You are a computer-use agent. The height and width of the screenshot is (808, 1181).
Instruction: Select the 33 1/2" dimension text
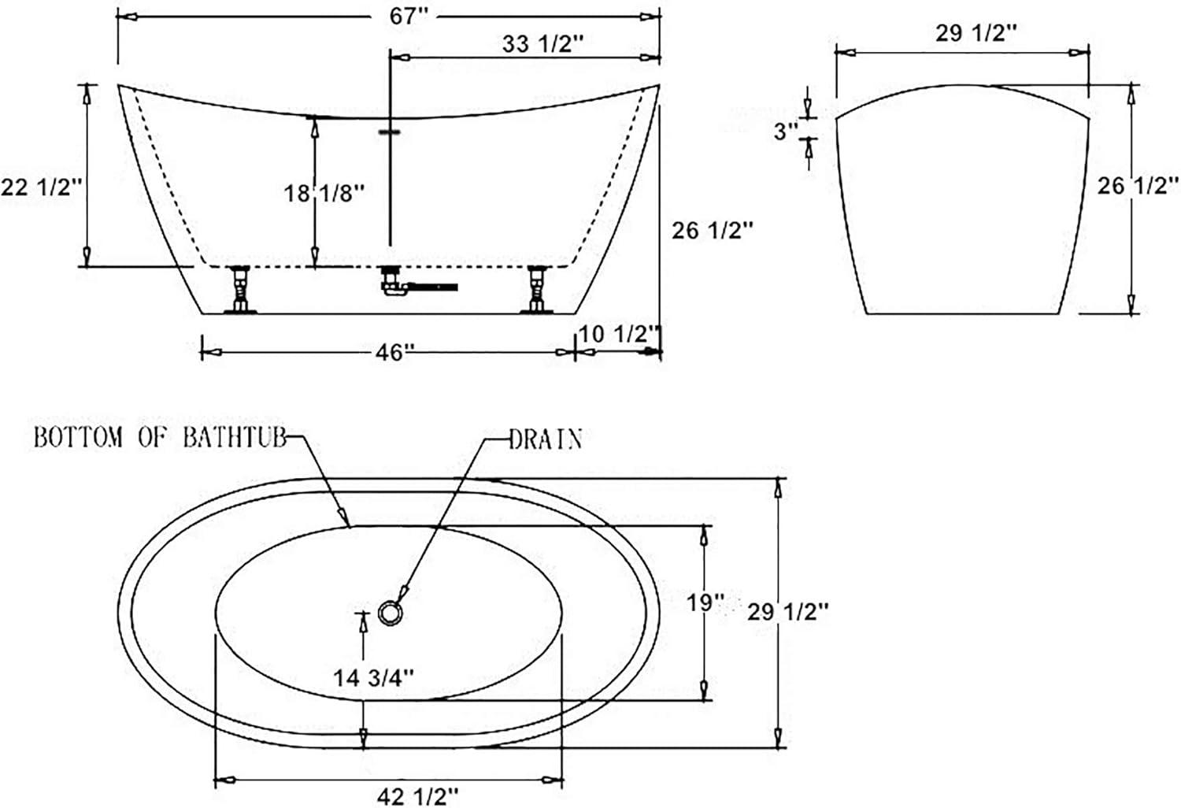tap(543, 44)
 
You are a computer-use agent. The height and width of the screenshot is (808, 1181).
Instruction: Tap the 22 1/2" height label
tap(42, 187)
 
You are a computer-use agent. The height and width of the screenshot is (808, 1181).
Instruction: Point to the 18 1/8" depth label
tap(324, 193)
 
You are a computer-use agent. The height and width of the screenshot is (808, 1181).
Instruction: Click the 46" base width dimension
tap(395, 352)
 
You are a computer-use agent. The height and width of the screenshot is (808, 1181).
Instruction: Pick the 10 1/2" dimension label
tap(620, 333)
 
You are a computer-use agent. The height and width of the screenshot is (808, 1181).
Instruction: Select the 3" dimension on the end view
tap(786, 132)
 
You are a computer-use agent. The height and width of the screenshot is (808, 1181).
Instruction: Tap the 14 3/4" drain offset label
tap(374, 678)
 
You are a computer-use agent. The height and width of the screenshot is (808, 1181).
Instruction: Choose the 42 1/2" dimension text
tap(417, 796)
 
